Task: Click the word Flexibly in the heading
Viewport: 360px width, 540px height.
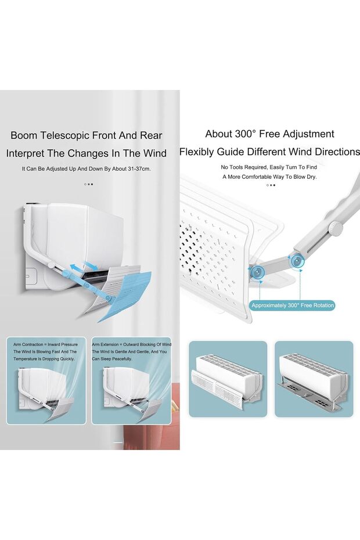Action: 198,152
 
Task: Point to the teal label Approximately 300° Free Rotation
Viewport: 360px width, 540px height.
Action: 293,305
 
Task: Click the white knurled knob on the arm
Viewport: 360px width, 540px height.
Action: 335,227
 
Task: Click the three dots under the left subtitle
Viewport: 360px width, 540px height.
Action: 88,184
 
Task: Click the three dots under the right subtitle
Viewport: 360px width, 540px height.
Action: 271,185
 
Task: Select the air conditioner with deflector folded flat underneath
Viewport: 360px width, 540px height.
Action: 314,379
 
